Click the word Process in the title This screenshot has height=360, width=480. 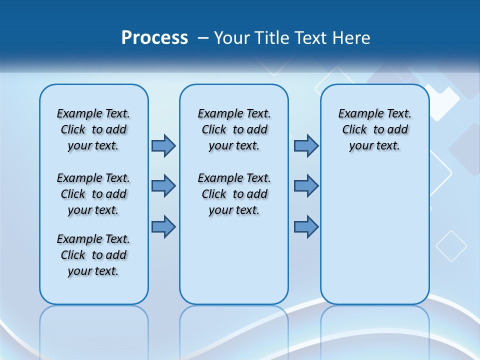154,38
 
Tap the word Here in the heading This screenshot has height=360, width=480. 351,38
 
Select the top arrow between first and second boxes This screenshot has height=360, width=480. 163,145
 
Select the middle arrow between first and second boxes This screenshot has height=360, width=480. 163,186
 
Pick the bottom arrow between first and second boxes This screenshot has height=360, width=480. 163,226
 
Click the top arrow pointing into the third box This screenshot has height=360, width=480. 306,145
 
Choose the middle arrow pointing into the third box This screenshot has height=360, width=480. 306,186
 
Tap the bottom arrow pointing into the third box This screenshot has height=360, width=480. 306,226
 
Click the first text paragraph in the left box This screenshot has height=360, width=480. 93,129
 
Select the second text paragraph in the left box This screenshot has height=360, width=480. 93,194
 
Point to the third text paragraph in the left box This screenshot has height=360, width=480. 93,255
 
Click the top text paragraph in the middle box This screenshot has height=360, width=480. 234,129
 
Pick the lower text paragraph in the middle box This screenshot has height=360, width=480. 234,194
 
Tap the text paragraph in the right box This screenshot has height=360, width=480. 374,129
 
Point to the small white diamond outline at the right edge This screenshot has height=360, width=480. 451,246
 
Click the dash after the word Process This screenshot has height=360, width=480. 203,38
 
